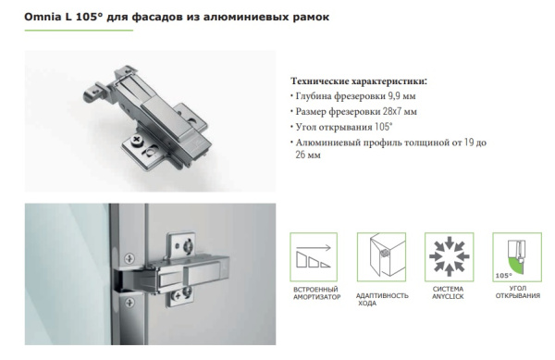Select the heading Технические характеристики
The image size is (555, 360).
point(360,81)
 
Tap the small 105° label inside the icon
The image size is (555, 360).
point(502,275)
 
